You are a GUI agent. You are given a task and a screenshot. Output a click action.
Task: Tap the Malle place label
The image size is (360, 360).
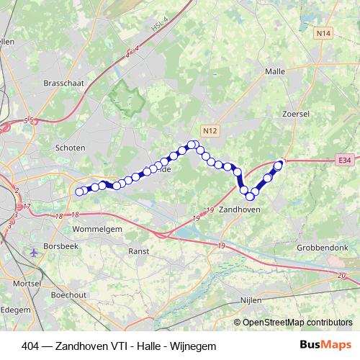point(275,72)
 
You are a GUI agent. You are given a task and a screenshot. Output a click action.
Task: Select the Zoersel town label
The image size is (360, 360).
point(297,114)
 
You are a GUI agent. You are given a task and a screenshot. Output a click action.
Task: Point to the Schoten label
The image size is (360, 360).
point(70,148)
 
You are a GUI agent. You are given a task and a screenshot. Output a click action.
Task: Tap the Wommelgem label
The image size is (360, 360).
point(96,229)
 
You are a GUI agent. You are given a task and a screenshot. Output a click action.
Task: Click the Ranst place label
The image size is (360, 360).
point(138,251)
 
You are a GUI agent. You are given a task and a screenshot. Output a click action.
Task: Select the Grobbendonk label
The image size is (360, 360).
point(327,247)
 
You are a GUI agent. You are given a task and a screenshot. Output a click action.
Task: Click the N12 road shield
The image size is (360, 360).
point(210,130)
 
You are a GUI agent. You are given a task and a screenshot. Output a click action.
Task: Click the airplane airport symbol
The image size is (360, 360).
point(34,253)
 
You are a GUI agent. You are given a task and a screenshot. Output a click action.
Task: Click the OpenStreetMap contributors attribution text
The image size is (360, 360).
point(298,323)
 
